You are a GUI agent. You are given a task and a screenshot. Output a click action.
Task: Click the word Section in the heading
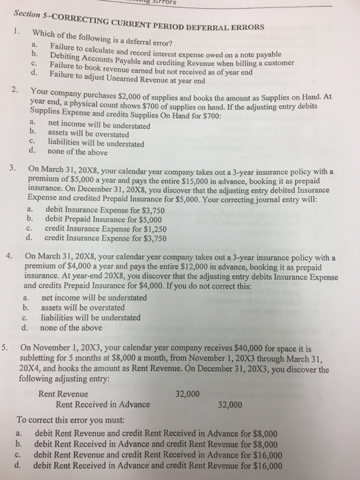27,14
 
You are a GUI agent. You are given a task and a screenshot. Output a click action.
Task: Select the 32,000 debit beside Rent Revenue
187,394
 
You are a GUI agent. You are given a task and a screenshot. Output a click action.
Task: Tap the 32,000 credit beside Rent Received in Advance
230,405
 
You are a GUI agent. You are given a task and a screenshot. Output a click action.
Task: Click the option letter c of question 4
25,317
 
